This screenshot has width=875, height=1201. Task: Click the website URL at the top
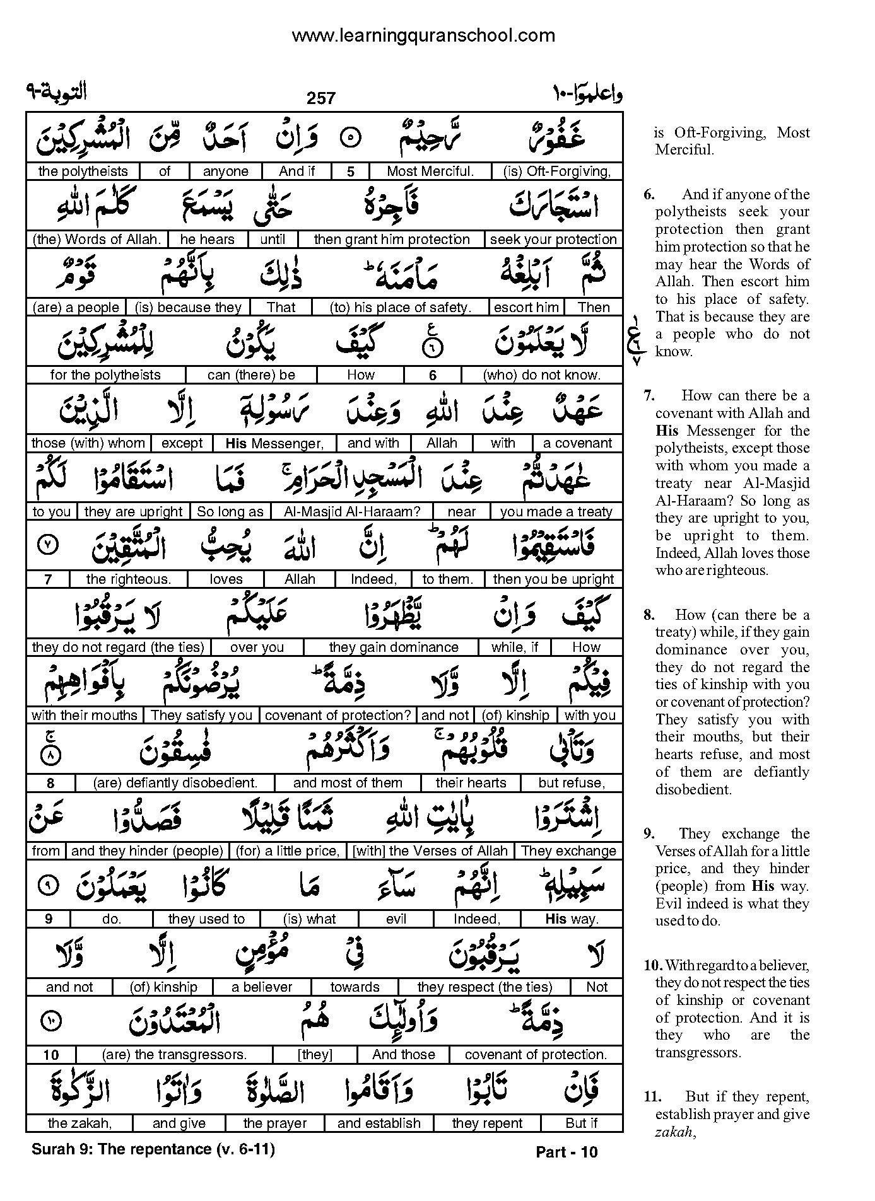423,36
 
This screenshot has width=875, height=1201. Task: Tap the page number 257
321,98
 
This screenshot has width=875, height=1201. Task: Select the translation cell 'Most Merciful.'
430,171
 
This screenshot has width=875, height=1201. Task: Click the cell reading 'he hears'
207,240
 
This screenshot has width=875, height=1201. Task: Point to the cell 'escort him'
526,308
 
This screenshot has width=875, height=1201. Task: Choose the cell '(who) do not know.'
541,375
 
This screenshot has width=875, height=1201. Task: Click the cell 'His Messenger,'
274,443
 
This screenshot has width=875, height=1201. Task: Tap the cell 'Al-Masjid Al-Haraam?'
352,511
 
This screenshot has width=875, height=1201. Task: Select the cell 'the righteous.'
128,579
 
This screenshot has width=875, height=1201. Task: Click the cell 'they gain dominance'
394,647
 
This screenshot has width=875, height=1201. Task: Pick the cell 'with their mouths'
84,716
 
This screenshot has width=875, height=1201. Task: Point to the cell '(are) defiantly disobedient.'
175,783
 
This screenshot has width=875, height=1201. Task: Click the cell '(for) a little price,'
287,851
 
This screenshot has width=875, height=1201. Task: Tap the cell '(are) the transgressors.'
174,1055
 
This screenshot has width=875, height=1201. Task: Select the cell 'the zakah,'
79,1123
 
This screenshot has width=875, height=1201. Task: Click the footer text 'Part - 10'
566,1152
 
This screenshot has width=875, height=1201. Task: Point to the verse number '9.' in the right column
650,833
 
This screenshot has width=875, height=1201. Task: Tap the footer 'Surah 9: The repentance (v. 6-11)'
153,1149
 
